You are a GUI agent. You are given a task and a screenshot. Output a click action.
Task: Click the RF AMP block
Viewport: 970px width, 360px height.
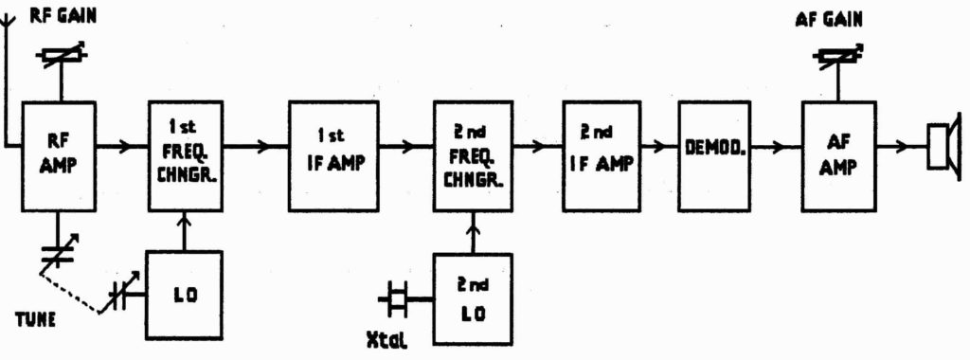61,156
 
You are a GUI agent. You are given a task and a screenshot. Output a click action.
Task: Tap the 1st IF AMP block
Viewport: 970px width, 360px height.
328,154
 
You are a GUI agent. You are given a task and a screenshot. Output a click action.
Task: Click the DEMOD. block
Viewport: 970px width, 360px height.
713,148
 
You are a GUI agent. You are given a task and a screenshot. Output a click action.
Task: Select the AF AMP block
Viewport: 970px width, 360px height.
838,154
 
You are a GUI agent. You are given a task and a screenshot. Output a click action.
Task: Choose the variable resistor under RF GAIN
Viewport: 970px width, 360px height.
62,58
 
